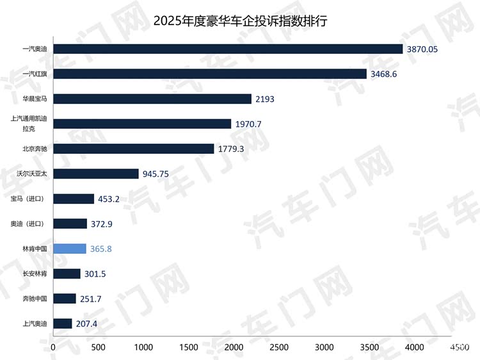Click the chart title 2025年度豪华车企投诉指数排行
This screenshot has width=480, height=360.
240,21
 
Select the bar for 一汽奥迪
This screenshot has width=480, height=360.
228,49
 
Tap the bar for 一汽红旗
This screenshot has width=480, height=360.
210,74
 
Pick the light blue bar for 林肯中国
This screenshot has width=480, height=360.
70,249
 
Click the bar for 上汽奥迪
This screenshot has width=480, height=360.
63,323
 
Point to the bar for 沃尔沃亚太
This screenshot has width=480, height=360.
96,174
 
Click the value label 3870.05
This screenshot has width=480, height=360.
425,49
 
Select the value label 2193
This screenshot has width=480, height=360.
266,99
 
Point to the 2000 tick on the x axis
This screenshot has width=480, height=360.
234,347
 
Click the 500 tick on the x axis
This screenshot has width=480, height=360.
99,347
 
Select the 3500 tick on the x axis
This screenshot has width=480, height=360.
370,347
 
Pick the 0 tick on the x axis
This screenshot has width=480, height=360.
54,347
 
